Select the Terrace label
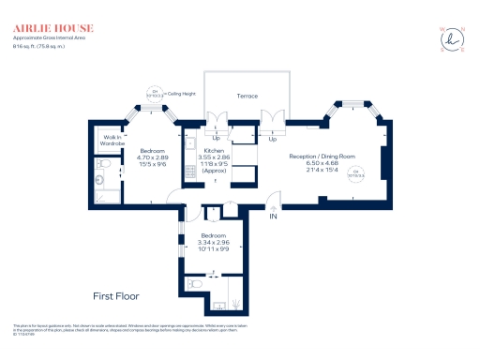(247, 97)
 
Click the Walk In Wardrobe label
(114, 142)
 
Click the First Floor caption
(116, 294)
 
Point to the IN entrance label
(274, 217)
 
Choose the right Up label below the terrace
(273, 139)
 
